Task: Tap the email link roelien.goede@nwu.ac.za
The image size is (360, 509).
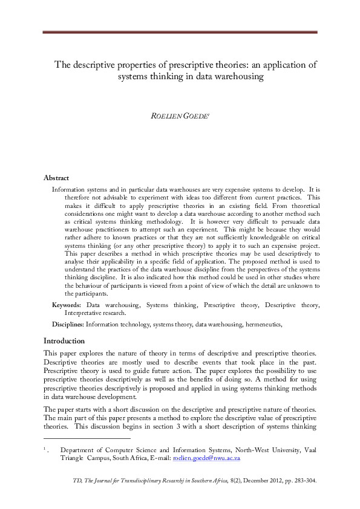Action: tap(206, 459)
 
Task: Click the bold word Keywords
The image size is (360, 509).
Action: tap(67, 306)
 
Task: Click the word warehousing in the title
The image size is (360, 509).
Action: tap(238, 77)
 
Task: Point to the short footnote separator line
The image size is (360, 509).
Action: tap(87, 438)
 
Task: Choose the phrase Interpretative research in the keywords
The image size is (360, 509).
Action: tap(95, 314)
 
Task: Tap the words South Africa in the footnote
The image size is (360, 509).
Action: tap(133, 459)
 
